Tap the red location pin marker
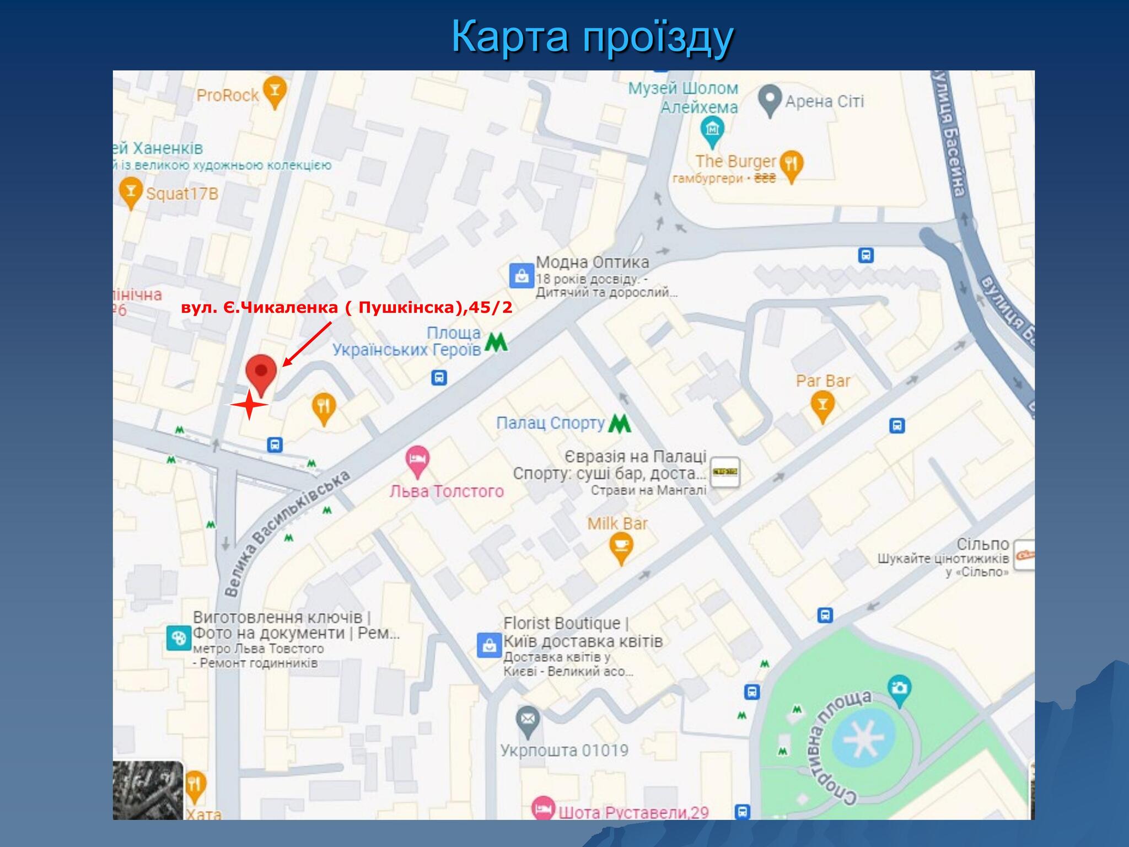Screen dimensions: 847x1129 pyautogui.click(x=261, y=373)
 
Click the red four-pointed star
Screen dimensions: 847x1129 pyautogui.click(x=249, y=405)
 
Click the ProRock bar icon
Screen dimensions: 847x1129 pyautogui.click(x=275, y=91)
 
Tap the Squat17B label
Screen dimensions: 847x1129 pyautogui.click(x=182, y=194)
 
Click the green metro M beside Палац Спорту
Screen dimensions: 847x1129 pyautogui.click(x=620, y=423)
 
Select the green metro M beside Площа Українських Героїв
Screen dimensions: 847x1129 pyautogui.click(x=496, y=342)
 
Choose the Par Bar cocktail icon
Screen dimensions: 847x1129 pyautogui.click(x=822, y=405)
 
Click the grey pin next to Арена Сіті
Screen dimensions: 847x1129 pyautogui.click(x=770, y=99)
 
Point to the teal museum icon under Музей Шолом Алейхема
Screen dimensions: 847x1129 pyautogui.click(x=713, y=131)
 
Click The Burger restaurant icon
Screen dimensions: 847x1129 pyautogui.click(x=792, y=164)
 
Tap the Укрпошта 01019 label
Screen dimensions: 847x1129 pyautogui.click(x=564, y=750)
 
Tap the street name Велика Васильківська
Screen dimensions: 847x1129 pyautogui.click(x=287, y=533)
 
